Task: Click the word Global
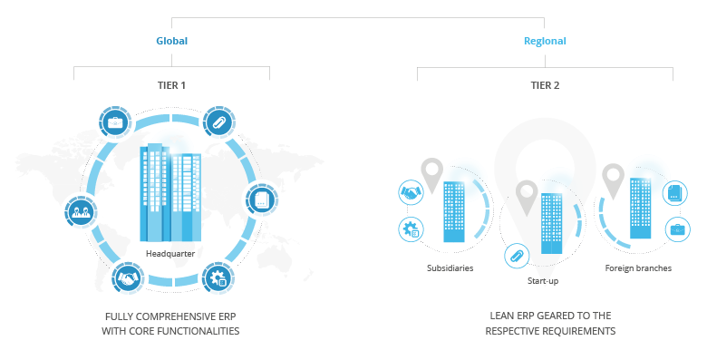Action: pyautogui.click(x=171, y=41)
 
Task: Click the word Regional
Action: pyautogui.click(x=545, y=41)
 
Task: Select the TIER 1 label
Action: pyautogui.click(x=171, y=85)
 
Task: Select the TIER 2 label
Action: pyautogui.click(x=545, y=85)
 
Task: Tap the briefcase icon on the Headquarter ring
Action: pyautogui.click(x=116, y=122)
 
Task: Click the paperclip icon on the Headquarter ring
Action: pyautogui.click(x=218, y=122)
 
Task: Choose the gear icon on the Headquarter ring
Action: pyautogui.click(x=218, y=277)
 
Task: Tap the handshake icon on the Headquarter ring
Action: pyautogui.click(x=127, y=278)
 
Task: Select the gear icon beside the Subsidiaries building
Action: pyautogui.click(x=412, y=229)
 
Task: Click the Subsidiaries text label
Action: pyautogui.click(x=450, y=268)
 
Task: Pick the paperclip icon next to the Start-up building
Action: pyautogui.click(x=517, y=256)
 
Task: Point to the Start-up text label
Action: pyautogui.click(x=542, y=281)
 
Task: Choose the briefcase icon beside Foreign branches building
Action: pyautogui.click(x=676, y=229)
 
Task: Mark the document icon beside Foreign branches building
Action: pyautogui.click(x=676, y=192)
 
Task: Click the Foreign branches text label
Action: pyautogui.click(x=638, y=268)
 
